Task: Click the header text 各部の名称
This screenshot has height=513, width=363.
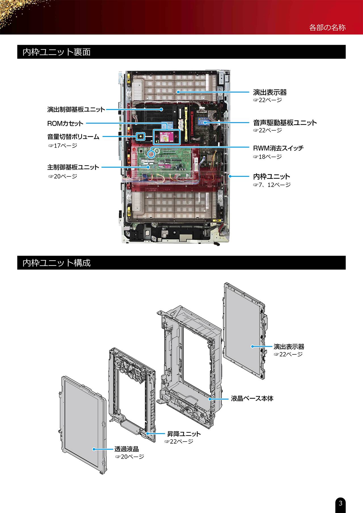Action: [x=327, y=27]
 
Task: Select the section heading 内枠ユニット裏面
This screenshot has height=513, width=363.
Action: [x=57, y=52]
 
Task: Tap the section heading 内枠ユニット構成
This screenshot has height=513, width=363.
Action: [x=57, y=263]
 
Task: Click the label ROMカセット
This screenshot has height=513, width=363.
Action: [x=65, y=124]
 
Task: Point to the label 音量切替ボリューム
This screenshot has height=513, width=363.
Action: [x=73, y=137]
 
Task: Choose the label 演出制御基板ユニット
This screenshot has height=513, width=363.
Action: [x=76, y=109]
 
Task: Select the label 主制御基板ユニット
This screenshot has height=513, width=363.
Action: [x=73, y=167]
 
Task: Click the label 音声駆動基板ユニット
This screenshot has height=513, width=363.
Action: [x=285, y=123]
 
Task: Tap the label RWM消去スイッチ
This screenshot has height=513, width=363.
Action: [x=278, y=148]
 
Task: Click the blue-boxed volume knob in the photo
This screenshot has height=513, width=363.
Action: [x=140, y=137]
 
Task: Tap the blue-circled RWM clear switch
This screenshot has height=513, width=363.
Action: [x=151, y=154]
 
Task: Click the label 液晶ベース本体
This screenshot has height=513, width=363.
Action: [x=252, y=399]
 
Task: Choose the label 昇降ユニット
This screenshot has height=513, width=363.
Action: [x=184, y=434]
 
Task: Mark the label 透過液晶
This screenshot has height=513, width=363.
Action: [x=126, y=449]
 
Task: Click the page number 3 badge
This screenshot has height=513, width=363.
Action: [x=341, y=503]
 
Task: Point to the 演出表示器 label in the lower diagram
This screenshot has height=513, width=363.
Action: [x=289, y=346]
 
